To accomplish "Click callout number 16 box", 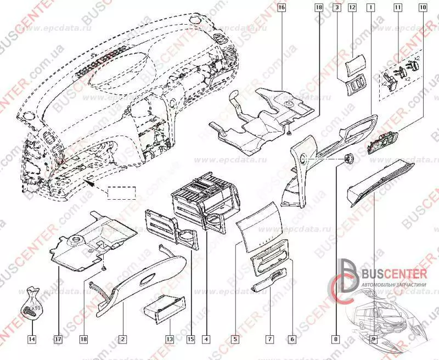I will pyautogui.click(x=282, y=8).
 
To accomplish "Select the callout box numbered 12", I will pyautogui.click(x=352, y=8).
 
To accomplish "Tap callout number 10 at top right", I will pyautogui.click(x=423, y=8).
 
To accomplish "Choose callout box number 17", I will pyautogui.click(x=58, y=339).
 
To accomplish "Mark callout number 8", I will pyautogui.click(x=336, y=339).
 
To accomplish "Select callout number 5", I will pyautogui.click(x=235, y=339).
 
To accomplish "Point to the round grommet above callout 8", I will pyautogui.click(x=347, y=159).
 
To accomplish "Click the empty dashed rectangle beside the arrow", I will pyautogui.click(x=121, y=193).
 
